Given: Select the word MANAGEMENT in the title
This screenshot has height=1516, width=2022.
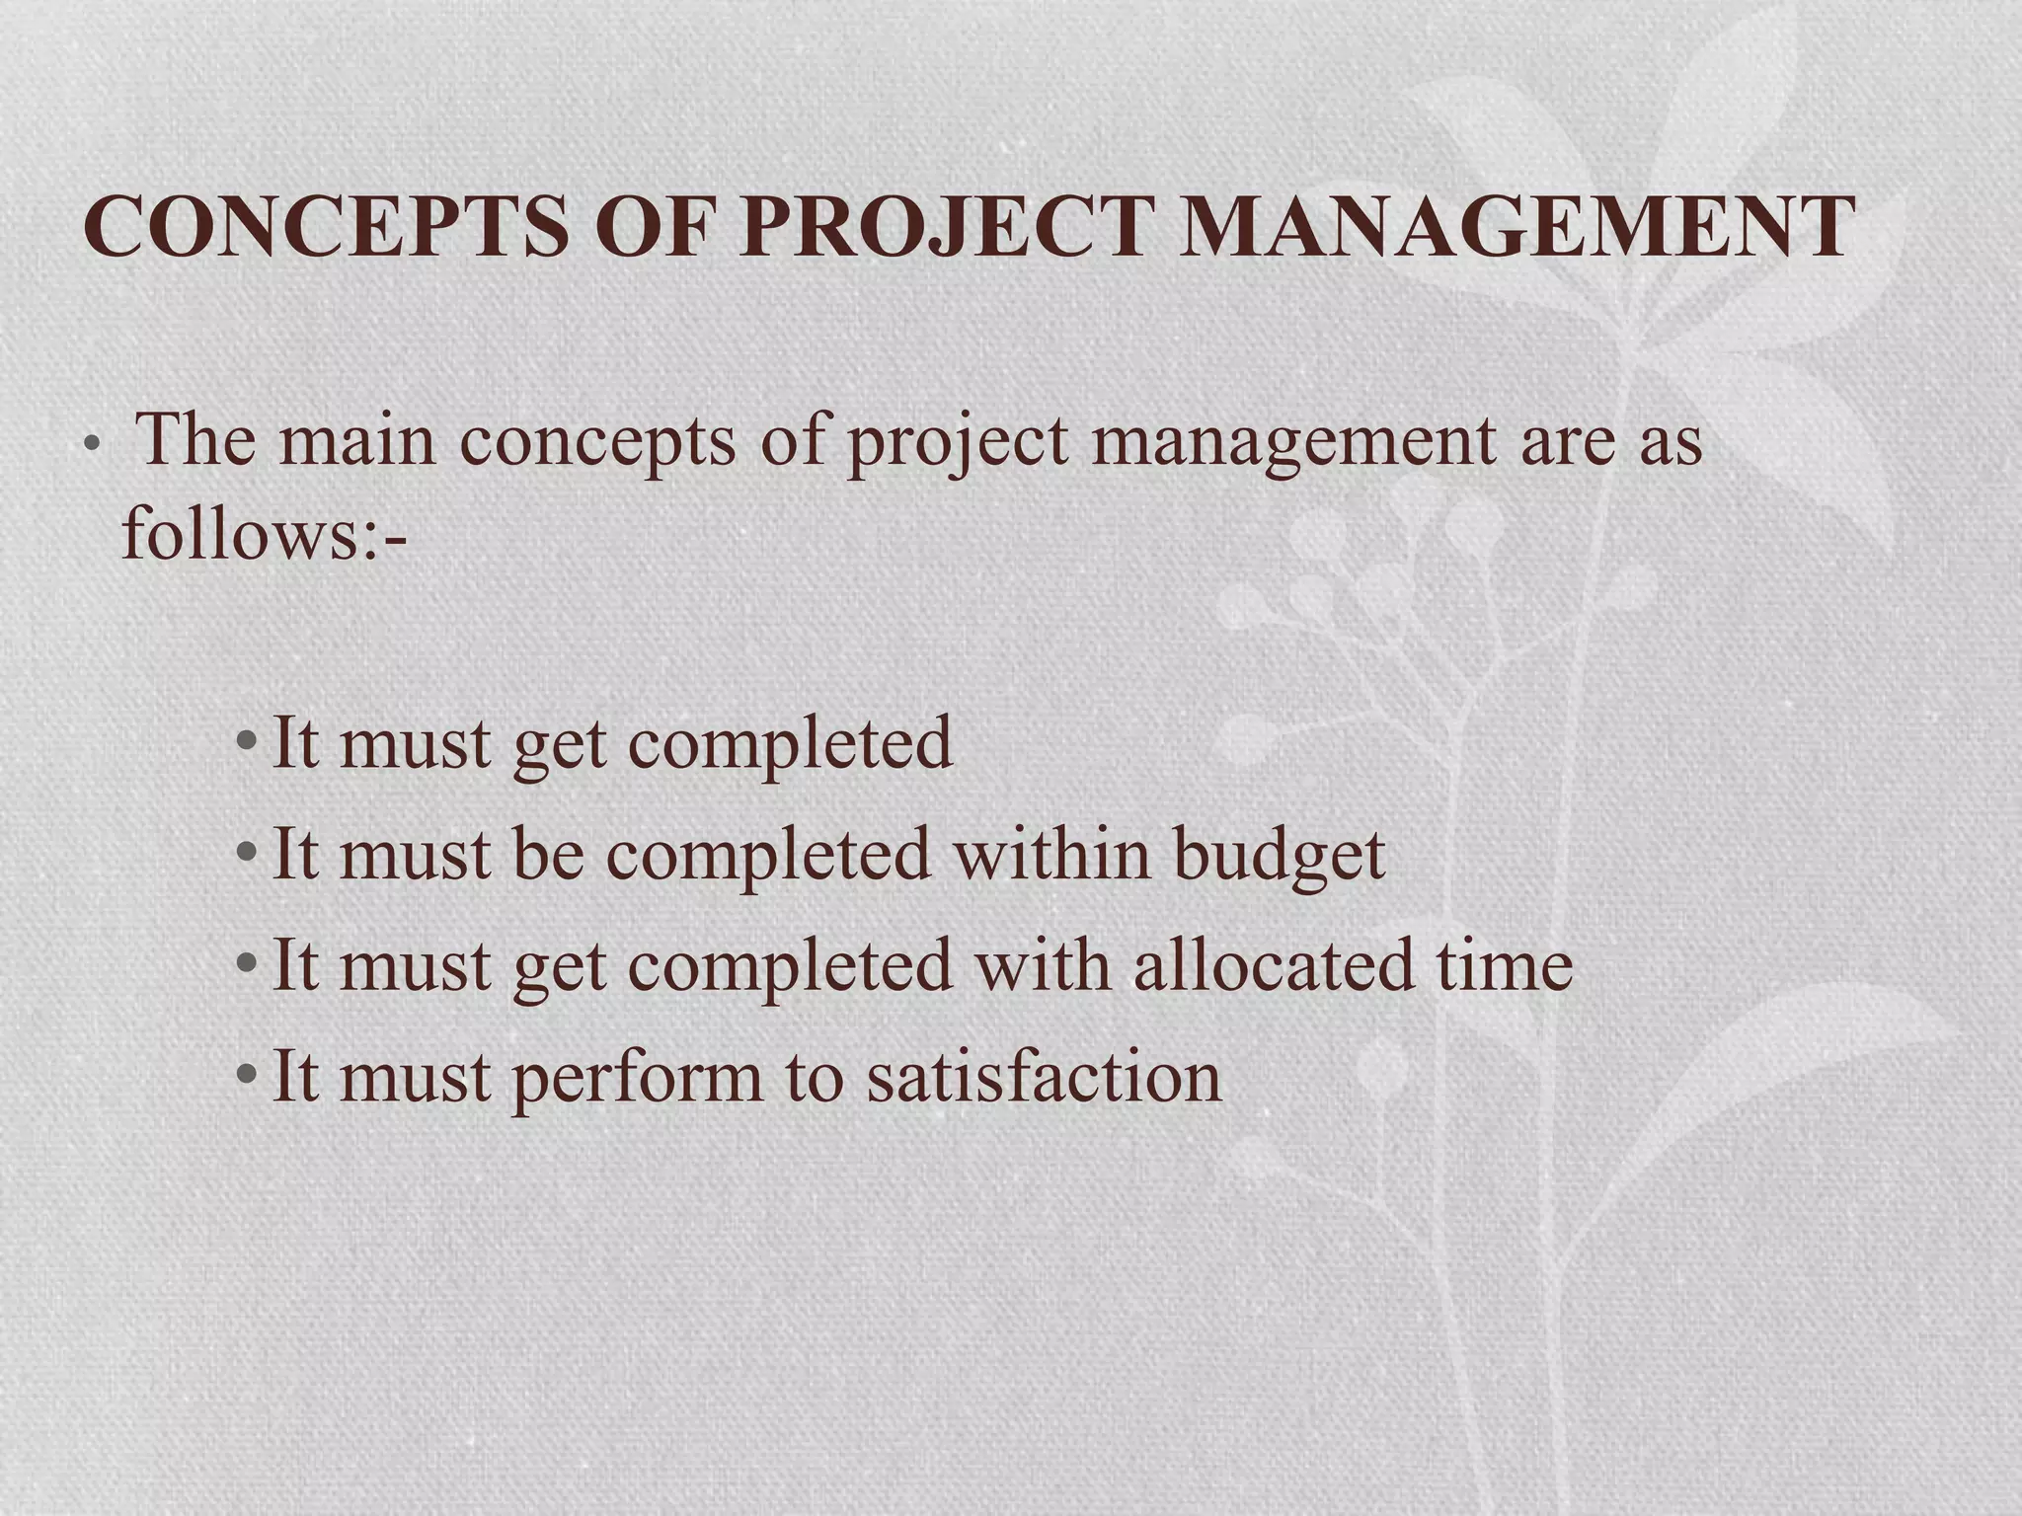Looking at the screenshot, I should (1516, 227).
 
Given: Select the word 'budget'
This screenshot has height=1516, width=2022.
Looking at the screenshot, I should (1280, 855).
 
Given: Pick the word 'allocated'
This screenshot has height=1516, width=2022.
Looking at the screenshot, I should (1273, 964).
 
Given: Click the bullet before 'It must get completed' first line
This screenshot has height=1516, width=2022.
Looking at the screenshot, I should (247, 742).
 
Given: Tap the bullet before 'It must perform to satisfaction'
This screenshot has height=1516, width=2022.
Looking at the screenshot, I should (247, 1074).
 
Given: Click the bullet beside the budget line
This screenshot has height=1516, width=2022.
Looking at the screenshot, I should (247, 853).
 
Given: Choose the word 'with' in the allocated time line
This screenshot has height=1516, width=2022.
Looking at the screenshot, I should (1042, 964).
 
